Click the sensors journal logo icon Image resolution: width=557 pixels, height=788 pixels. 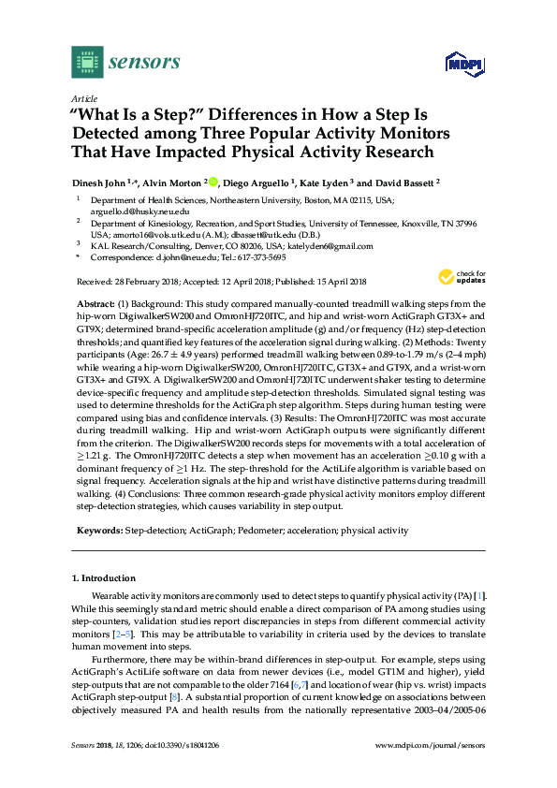[x=87, y=62]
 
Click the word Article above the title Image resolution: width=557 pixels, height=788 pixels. [x=82, y=97]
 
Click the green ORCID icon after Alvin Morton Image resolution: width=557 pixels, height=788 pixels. [x=213, y=183]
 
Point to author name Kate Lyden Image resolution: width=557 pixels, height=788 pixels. [x=324, y=183]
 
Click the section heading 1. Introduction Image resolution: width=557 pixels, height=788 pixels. [x=110, y=578]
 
